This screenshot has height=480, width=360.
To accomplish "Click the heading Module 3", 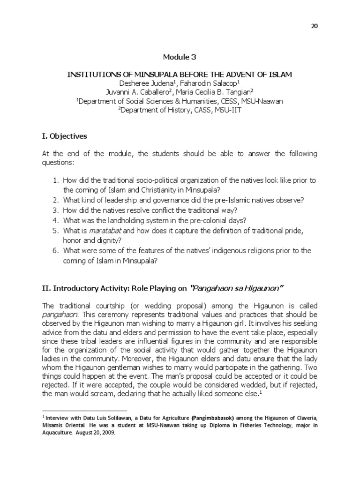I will click(180, 58).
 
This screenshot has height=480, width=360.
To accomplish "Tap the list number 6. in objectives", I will click(54, 251).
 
